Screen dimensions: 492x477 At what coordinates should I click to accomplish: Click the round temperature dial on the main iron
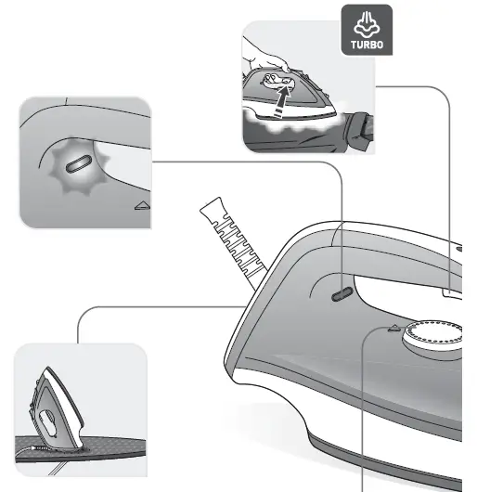[x=432, y=335]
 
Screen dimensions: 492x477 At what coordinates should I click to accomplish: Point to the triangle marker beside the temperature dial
[x=394, y=328]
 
